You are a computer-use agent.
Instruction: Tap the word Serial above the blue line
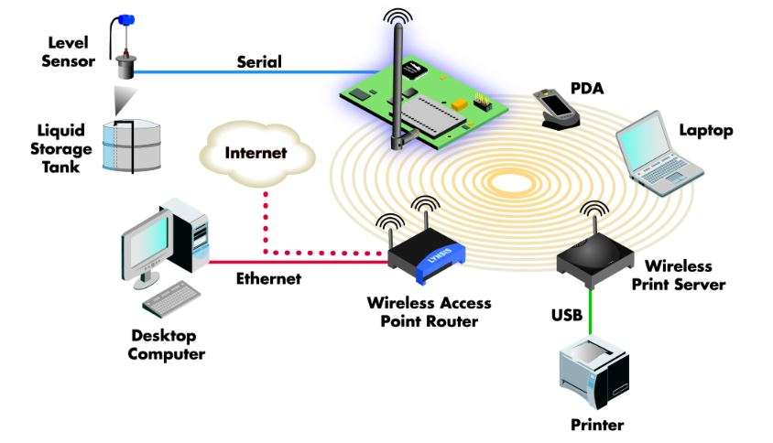click(x=260, y=62)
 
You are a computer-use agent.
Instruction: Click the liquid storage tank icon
click(x=130, y=146)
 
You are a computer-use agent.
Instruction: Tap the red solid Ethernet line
click(x=293, y=262)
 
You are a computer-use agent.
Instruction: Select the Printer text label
click(x=596, y=425)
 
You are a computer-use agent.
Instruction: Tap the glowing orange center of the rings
click(x=514, y=184)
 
